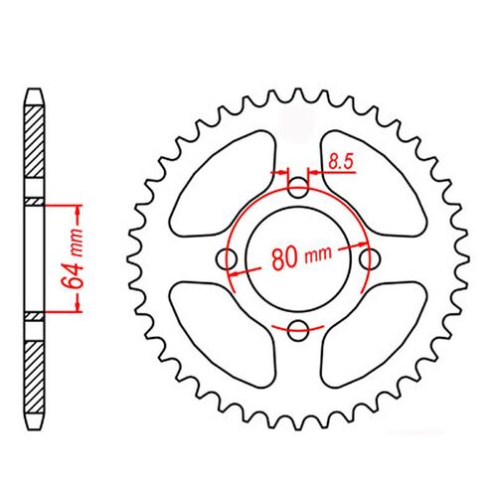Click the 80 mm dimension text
click(298, 258)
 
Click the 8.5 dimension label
click(341, 158)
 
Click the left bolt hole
click(228, 258)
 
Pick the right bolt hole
click(373, 258)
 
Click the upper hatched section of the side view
click(35, 149)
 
